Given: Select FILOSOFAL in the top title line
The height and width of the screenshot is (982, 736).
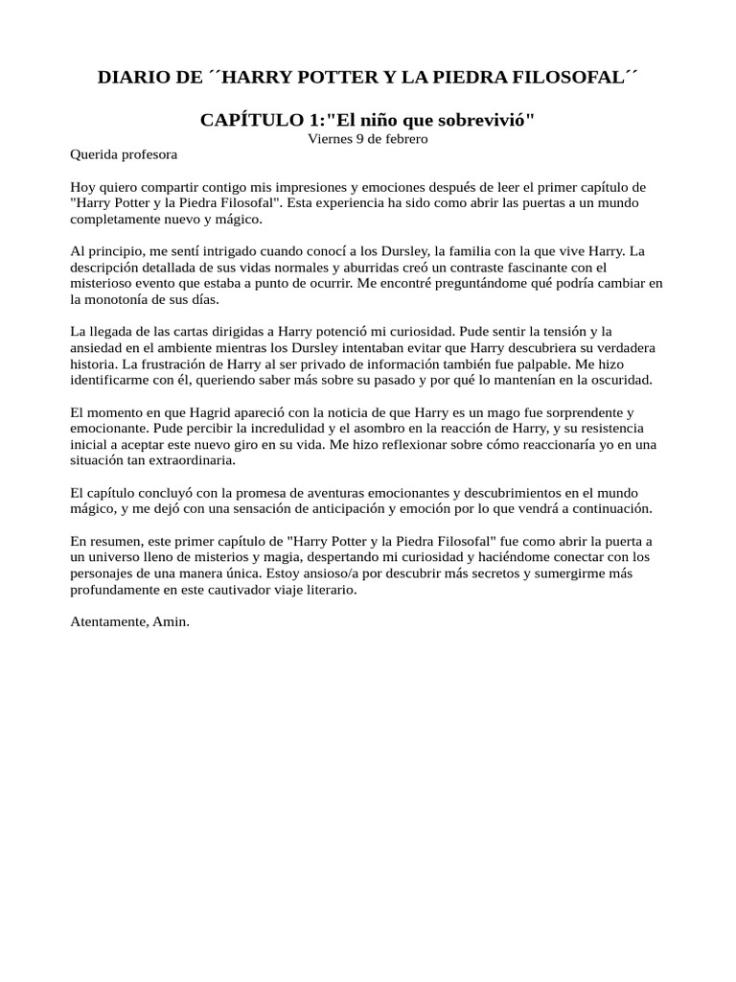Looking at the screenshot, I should pyautogui.click(x=572, y=78).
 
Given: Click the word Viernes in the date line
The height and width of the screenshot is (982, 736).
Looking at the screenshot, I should pyautogui.click(x=329, y=138).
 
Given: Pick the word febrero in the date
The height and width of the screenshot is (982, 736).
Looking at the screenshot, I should pyautogui.click(x=404, y=138).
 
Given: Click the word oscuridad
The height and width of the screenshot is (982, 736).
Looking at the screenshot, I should pyautogui.click(x=617, y=381).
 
